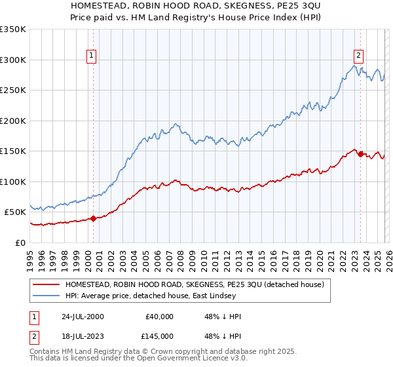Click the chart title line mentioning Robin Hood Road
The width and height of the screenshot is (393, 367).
tap(196, 6)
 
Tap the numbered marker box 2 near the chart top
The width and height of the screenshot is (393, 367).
tap(359, 56)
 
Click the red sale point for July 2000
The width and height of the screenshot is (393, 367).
tap(94, 218)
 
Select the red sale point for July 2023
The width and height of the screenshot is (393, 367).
tap(360, 154)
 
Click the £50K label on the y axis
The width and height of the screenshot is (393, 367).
tap(14, 212)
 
